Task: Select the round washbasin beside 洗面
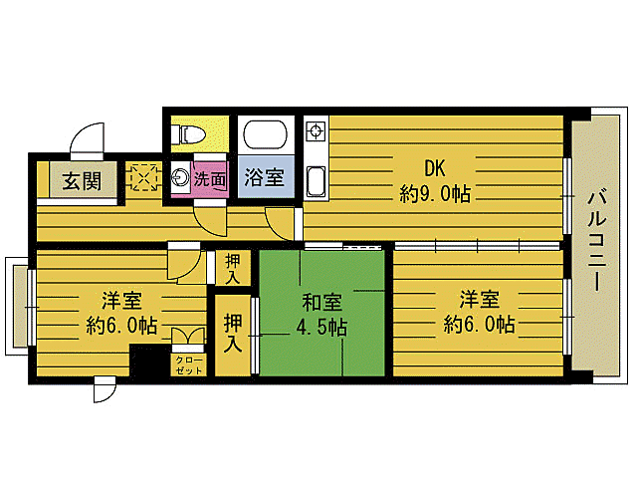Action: pyautogui.click(x=181, y=179)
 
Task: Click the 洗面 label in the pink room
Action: pyautogui.click(x=210, y=180)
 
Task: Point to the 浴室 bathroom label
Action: pyautogui.click(x=265, y=180)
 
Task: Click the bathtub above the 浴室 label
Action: pyautogui.click(x=265, y=135)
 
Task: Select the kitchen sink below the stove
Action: pyautogui.click(x=316, y=181)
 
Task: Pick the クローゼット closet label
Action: pyautogui.click(x=188, y=364)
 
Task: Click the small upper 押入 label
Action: pyautogui.click(x=232, y=269)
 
